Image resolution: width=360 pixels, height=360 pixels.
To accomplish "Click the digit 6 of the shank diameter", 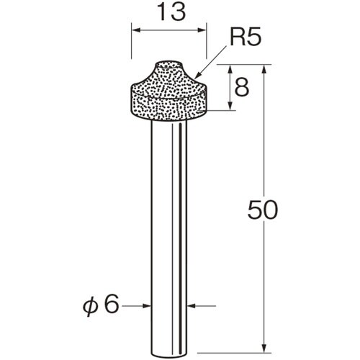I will point(111,305).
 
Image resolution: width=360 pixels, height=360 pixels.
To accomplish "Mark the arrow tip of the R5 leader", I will point(194,76).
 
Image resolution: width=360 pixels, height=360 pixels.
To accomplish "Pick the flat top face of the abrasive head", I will point(168,65).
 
